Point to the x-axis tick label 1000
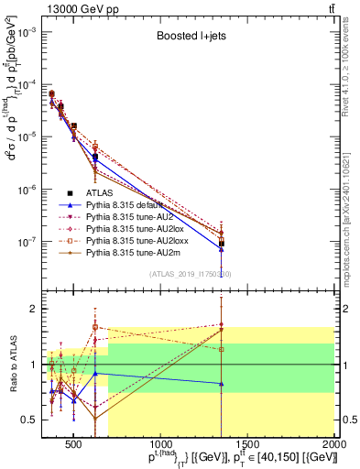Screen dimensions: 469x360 pos(160,446)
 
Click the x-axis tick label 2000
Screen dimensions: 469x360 pos(334,446)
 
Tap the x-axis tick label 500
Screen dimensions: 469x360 pos(73,446)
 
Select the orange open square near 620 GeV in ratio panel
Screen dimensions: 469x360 pos(94,327)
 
